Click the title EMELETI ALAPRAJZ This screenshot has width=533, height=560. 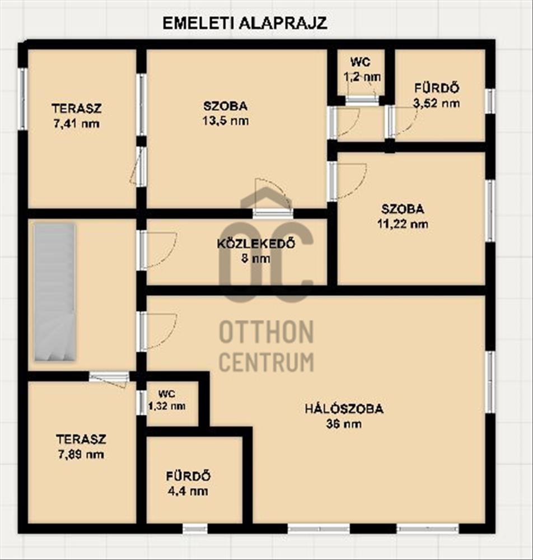(x=245, y=23)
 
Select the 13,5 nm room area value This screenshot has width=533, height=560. (x=226, y=121)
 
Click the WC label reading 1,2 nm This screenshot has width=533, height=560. (x=362, y=69)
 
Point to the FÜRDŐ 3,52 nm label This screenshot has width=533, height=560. (x=436, y=95)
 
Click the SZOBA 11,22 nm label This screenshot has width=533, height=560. (x=403, y=216)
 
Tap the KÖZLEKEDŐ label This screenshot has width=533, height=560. (x=256, y=244)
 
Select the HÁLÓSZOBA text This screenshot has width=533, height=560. (x=344, y=409)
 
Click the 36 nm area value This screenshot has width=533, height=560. (x=344, y=424)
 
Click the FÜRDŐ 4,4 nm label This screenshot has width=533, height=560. (x=188, y=484)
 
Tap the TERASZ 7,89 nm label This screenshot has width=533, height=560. (x=81, y=446)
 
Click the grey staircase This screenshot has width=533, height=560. (x=55, y=292)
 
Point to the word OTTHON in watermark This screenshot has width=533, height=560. (x=266, y=332)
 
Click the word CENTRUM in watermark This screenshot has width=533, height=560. (x=266, y=361)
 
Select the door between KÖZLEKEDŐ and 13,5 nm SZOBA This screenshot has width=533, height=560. (x=273, y=213)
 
